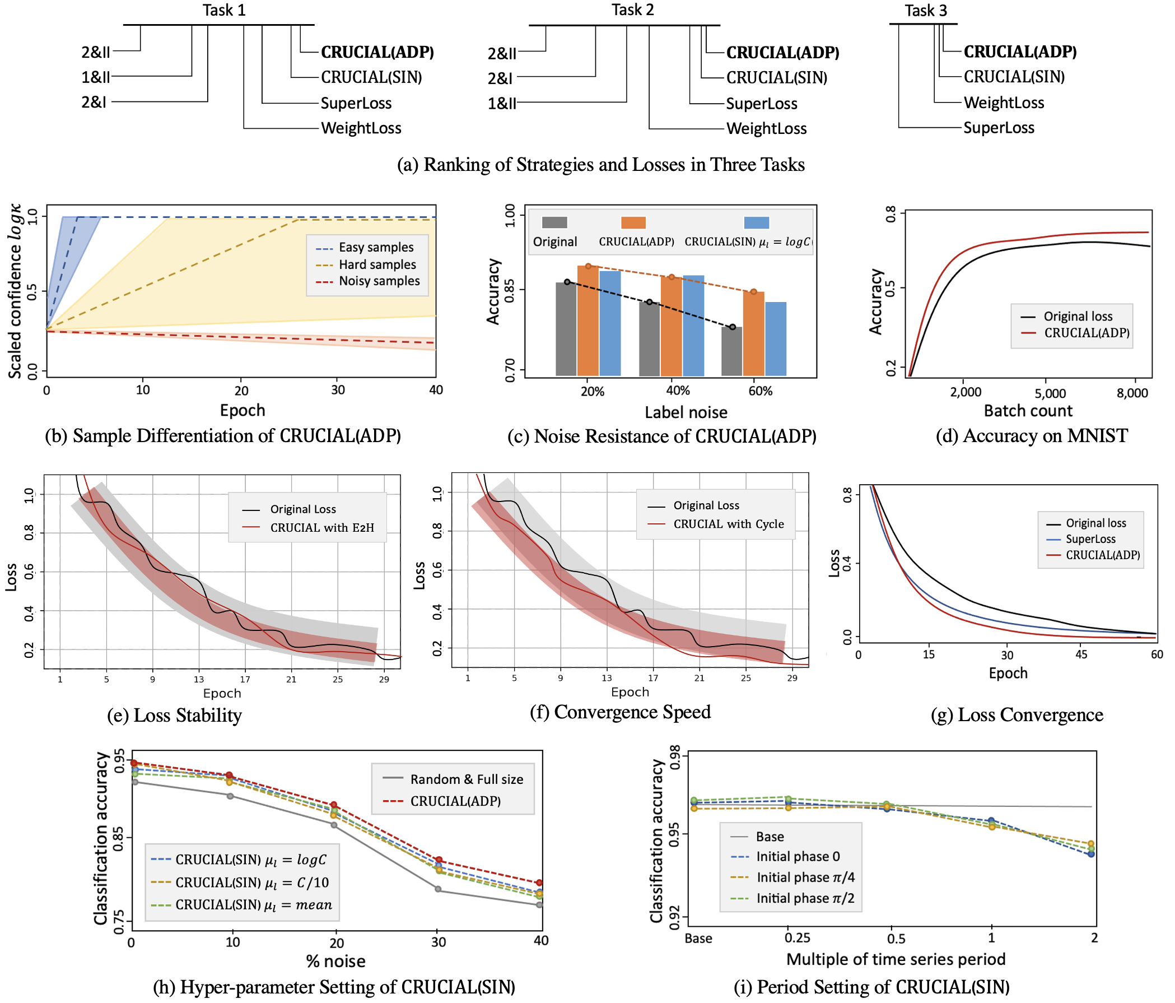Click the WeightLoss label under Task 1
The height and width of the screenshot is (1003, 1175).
point(361,128)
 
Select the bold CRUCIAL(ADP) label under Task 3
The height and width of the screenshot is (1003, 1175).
point(1020,52)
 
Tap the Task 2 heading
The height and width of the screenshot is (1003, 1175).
point(632,10)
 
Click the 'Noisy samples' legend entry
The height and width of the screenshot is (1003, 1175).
point(379,281)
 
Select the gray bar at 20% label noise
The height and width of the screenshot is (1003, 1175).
point(566,328)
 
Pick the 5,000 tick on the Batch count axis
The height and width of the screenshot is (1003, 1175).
point(1050,393)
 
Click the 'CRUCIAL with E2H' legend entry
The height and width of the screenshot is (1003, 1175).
point(321,528)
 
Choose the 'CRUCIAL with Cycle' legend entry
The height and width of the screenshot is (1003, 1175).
point(728,524)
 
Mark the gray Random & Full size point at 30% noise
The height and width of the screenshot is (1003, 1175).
point(438,889)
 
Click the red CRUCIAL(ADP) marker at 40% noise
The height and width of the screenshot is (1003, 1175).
point(539,883)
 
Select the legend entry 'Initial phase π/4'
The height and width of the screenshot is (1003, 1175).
point(805,877)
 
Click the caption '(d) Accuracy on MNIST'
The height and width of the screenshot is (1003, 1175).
point(1031,436)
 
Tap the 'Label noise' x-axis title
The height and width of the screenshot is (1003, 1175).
point(686,412)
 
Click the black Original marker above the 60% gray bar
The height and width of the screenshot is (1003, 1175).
point(732,327)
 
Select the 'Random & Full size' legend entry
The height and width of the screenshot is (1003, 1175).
point(466,779)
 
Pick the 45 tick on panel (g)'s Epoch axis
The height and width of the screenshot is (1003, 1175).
point(1081,654)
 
